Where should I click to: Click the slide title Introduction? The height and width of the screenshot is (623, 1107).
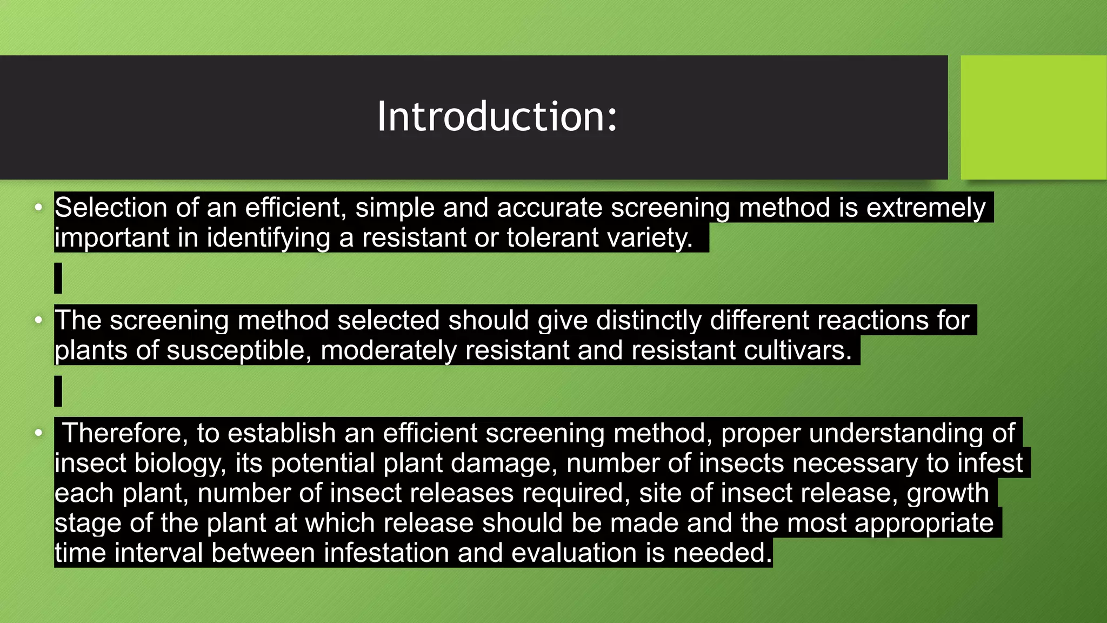point(497,116)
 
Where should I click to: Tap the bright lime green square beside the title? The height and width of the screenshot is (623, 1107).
point(1033,117)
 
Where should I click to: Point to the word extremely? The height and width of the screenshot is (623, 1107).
point(926,208)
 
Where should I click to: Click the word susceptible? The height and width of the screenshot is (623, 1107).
point(238,350)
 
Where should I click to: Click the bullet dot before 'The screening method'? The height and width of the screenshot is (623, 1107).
point(38,320)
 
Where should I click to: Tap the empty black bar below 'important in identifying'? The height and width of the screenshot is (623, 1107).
point(58,278)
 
